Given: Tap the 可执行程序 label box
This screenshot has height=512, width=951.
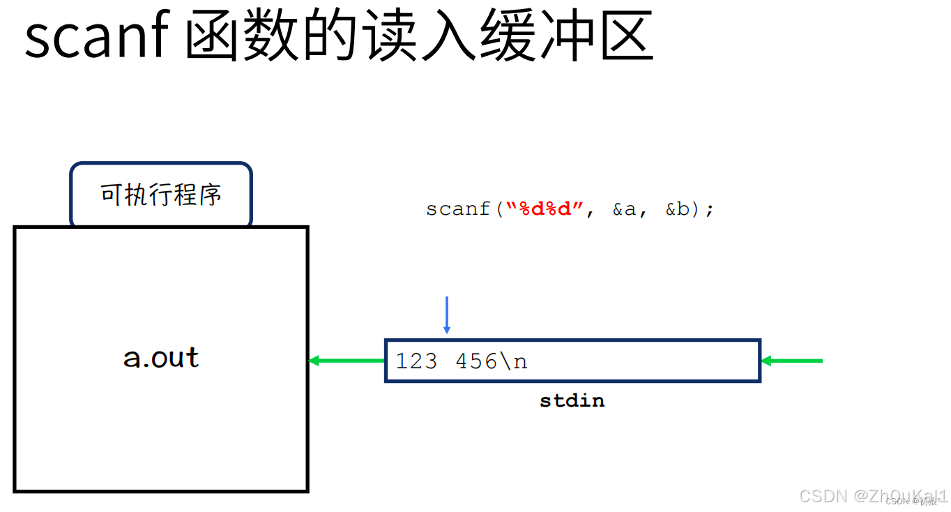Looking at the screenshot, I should coord(161,195).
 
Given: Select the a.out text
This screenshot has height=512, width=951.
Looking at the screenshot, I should coord(161,358).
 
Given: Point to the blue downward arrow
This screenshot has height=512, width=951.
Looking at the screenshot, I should coord(447,315).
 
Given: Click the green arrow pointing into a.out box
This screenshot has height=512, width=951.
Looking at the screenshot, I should coord(347,361).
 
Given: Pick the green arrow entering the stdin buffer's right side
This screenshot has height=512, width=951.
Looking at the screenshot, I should coord(792,361).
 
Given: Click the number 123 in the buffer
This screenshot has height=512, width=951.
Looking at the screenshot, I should coord(417,361).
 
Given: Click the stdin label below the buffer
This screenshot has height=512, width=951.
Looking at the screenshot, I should coord(572,401).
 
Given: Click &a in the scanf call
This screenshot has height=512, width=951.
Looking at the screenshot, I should coord(625,209).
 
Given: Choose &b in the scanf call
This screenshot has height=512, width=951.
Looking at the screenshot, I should coord(677,209).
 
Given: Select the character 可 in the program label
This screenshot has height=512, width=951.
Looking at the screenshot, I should coord(112,195).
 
